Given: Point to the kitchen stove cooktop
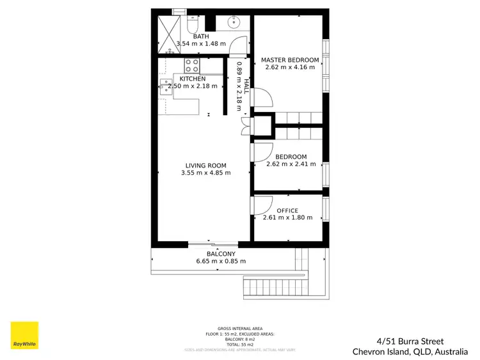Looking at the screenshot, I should coord(191,65).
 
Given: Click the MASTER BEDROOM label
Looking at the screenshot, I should coord(290,60).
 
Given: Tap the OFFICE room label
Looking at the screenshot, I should coord(287,210).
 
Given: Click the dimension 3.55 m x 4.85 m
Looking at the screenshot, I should coord(206,173).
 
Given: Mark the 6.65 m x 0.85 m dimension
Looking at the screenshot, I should coord(220,261).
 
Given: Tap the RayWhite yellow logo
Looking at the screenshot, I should coord(24,335).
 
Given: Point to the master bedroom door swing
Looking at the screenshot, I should coord(262,99).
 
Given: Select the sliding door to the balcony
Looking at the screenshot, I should coord(212,243).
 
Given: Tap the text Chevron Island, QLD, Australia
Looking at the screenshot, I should coord(410,351).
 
